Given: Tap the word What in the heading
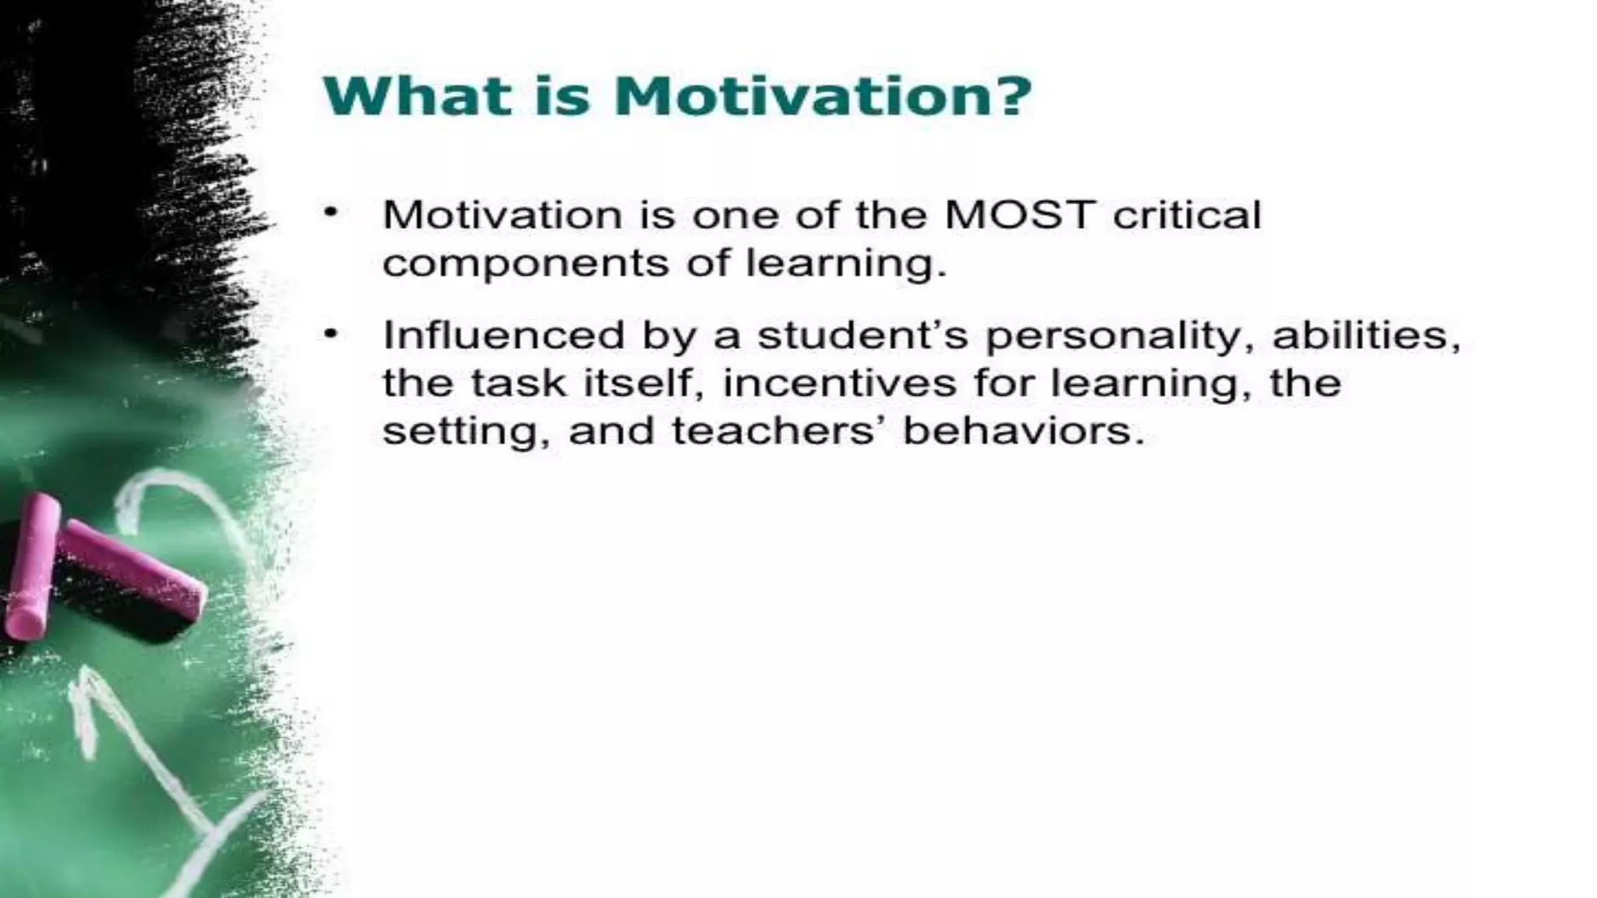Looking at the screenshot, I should [417, 97].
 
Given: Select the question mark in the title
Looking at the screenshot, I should [1012, 97].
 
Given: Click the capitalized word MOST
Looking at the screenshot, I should [1020, 215].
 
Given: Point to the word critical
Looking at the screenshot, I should [1186, 215].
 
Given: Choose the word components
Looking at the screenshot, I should [526, 263].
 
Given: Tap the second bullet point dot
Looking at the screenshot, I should [332, 334].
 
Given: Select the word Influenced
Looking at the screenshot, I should [504, 336].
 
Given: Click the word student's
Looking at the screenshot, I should [862, 336].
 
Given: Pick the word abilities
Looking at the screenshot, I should [1365, 336].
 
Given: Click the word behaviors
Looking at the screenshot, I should [1022, 431].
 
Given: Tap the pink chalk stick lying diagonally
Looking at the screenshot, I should [133, 568].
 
